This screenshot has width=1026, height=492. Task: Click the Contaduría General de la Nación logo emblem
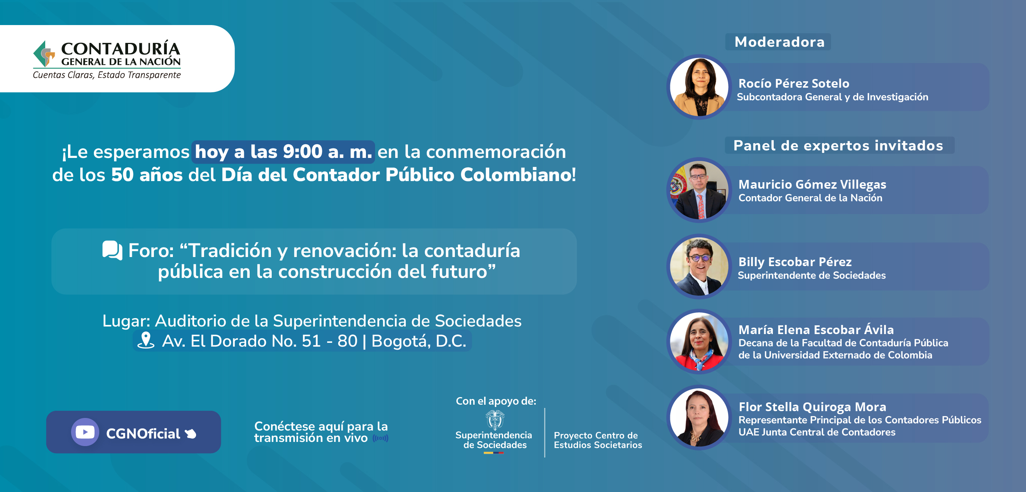tap(44, 54)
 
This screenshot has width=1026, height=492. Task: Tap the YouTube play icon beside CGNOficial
tap(85, 432)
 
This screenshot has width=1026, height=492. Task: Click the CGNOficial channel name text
tap(143, 434)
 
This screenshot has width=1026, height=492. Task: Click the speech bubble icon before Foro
tap(112, 251)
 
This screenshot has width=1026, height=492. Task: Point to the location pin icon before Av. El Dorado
tap(146, 341)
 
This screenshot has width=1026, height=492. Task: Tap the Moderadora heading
tap(779, 42)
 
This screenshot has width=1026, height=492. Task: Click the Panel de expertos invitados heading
tap(838, 145)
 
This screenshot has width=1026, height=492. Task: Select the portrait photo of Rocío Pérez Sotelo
tap(699, 87)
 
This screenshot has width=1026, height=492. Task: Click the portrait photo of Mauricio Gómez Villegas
tap(699, 190)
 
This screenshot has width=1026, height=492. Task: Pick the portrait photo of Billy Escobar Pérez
tap(699, 266)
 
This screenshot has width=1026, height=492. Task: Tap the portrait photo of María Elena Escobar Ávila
tap(699, 342)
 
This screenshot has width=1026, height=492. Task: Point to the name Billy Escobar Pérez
tap(795, 262)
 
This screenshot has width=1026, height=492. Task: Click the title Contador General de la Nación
tap(810, 198)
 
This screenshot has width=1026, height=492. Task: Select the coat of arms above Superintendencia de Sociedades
tap(495, 420)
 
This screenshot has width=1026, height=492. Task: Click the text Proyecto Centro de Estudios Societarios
tap(598, 440)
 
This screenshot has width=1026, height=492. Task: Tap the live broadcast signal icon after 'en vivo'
tap(380, 438)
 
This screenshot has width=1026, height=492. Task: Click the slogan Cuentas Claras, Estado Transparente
tap(107, 75)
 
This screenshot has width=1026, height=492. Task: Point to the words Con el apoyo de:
tap(496, 401)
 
